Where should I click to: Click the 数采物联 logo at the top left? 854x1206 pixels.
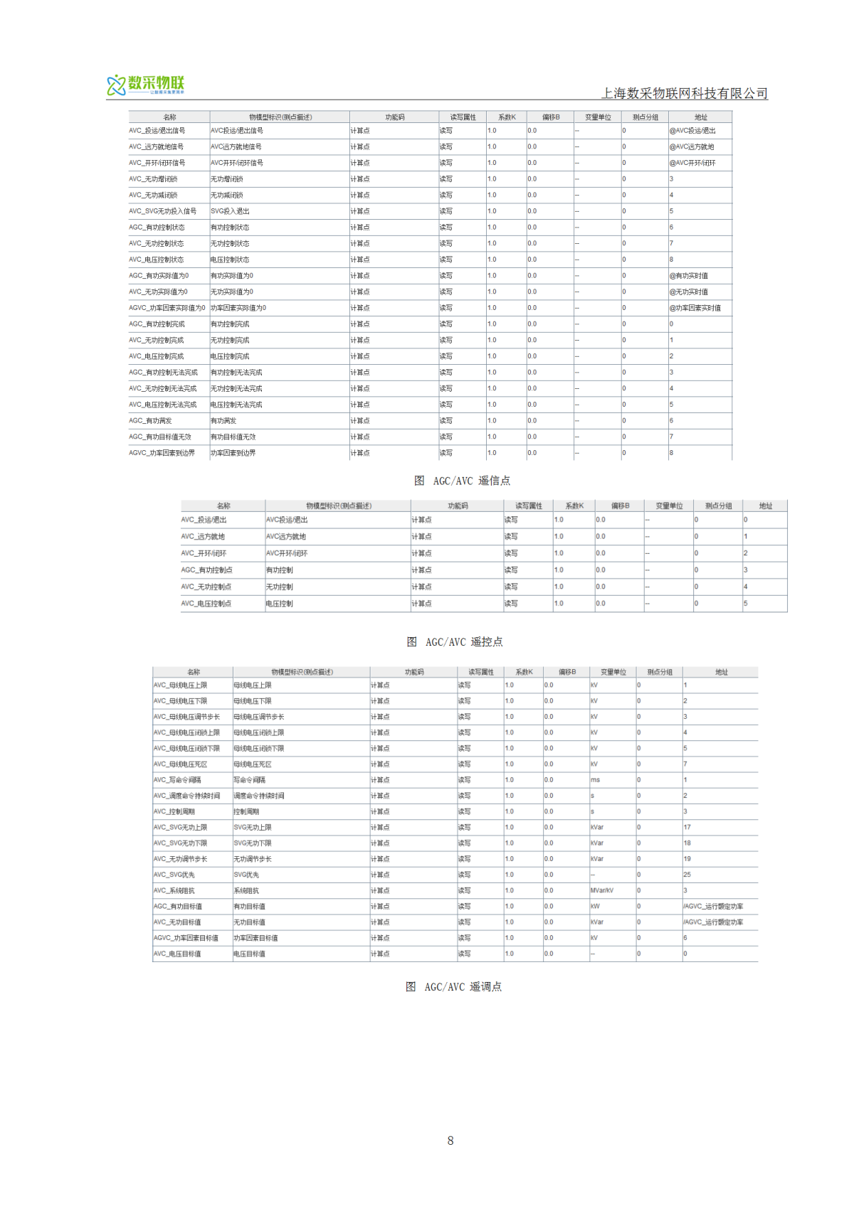[146, 85]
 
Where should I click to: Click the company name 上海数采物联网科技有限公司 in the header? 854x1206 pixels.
[685, 93]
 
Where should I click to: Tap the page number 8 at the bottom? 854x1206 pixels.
[450, 1141]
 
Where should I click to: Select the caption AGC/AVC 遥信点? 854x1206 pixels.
[463, 481]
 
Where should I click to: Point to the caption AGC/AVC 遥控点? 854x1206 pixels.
[455, 642]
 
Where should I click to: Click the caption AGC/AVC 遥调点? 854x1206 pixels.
[454, 987]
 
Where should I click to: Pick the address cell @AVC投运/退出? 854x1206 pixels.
[692, 131]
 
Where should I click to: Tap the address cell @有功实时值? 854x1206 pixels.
[688, 276]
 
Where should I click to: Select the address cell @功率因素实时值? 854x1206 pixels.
[695, 308]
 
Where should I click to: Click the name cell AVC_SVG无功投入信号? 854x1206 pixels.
[162, 211]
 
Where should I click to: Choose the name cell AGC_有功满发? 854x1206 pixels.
[150, 421]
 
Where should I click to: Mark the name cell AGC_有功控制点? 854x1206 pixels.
[206, 570]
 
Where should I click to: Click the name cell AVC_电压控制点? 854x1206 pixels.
[206, 604]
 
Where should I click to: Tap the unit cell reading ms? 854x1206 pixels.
[595, 780]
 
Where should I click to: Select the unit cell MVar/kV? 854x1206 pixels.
[601, 890]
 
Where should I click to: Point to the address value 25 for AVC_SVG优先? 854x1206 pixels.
[687, 875]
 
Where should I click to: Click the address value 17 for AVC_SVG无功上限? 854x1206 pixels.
[687, 828]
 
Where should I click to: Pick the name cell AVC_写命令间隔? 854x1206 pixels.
[177, 780]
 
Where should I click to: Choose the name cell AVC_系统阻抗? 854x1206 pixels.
[174, 890]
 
